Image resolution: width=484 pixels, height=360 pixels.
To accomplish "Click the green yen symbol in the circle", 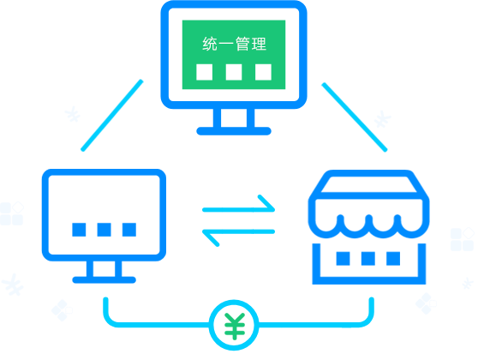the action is point(235,326).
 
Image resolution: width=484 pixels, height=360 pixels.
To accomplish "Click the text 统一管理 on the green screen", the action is point(234,44).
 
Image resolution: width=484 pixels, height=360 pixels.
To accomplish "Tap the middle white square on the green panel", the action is point(234,72).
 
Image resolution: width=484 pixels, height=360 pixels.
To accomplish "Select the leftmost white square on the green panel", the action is point(205,72).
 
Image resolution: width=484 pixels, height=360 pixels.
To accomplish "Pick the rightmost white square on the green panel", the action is point(263,72).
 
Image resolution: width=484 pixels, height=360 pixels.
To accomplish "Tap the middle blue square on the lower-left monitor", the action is point(104,230).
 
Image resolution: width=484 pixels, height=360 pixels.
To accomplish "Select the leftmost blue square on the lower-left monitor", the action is point(79,230).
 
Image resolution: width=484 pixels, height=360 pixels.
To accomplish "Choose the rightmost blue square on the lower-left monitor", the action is point(129,230).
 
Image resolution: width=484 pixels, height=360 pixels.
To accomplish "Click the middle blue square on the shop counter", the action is point(368,258).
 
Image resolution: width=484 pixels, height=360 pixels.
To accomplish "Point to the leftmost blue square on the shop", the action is point(343,258).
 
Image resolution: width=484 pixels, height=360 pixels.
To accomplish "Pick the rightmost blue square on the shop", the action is point(393,258).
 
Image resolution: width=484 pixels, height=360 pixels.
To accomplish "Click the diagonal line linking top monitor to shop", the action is point(355,117).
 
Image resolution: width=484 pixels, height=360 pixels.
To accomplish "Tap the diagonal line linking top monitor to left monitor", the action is point(112,116).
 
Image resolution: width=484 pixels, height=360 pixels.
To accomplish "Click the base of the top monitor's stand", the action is point(234,131).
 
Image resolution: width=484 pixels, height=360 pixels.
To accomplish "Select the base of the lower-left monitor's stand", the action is point(104,280).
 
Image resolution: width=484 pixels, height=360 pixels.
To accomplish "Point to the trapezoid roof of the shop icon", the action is point(369,184).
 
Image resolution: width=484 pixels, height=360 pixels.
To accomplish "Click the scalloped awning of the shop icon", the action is point(369,228).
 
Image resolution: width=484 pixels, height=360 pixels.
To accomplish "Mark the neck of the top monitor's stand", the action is point(234,117).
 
